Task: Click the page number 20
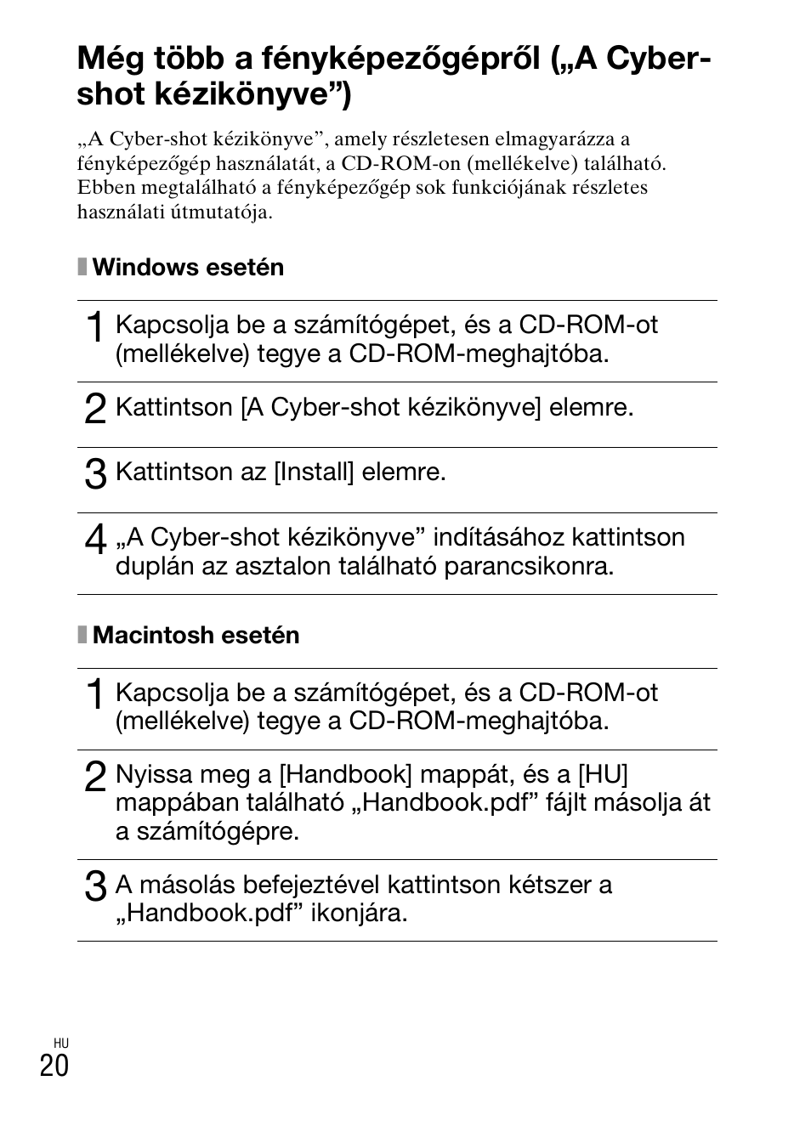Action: click(x=54, y=1065)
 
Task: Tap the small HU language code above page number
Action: click(x=60, y=1043)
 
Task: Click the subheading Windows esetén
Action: click(x=188, y=268)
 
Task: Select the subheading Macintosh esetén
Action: click(x=196, y=636)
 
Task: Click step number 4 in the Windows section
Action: click(x=95, y=540)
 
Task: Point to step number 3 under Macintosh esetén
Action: click(x=95, y=887)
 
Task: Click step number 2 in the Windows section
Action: click(x=95, y=410)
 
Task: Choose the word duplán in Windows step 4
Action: click(x=149, y=567)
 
